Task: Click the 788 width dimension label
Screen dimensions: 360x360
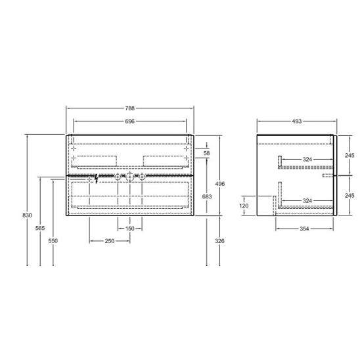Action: pyautogui.click(x=129, y=108)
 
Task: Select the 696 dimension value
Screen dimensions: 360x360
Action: pyautogui.click(x=129, y=122)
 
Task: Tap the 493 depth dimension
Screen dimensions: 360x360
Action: pyautogui.click(x=297, y=122)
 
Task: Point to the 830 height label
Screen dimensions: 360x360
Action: pyautogui.click(x=27, y=215)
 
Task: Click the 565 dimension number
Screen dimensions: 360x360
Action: pyautogui.click(x=40, y=228)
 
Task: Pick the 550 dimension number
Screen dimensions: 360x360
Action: pyautogui.click(x=53, y=241)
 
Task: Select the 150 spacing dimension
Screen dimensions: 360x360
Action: pyautogui.click(x=129, y=229)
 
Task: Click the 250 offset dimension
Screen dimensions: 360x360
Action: pyautogui.click(x=110, y=241)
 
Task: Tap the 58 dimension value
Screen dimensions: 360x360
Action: pyautogui.click(x=207, y=153)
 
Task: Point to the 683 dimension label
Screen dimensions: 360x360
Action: pyautogui.click(x=207, y=196)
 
